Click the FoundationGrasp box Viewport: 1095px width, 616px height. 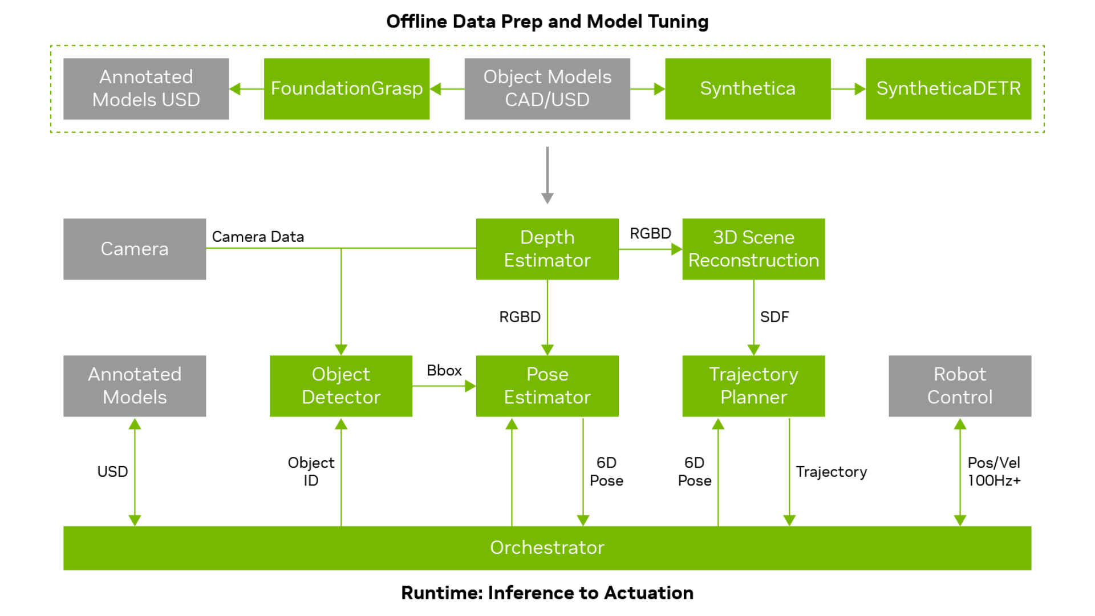tap(346, 88)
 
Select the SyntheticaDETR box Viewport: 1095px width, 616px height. tap(948, 88)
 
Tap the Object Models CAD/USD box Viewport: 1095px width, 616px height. tap(547, 88)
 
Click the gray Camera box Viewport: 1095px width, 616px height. tap(135, 249)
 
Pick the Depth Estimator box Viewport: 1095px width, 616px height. tap(547, 249)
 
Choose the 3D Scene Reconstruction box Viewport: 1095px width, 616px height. tap(753, 249)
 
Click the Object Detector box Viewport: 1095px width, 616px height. tap(340, 386)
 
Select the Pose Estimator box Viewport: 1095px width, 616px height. tap(547, 386)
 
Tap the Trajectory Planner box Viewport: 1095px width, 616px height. tap(753, 386)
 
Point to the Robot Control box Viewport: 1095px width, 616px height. tap(959, 386)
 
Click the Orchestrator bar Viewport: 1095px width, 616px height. tap(547, 548)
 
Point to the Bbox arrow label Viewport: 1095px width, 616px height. tap(444, 371)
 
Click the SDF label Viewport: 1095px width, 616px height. tap(774, 317)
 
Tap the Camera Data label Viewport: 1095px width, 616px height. tap(258, 237)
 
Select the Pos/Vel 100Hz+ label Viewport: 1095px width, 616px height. tap(993, 471)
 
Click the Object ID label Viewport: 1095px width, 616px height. tap(311, 471)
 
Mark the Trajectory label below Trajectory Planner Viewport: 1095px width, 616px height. tap(831, 472)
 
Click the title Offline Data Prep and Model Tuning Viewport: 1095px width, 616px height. tap(547, 22)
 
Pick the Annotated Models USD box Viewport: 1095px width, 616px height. tap(146, 88)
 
